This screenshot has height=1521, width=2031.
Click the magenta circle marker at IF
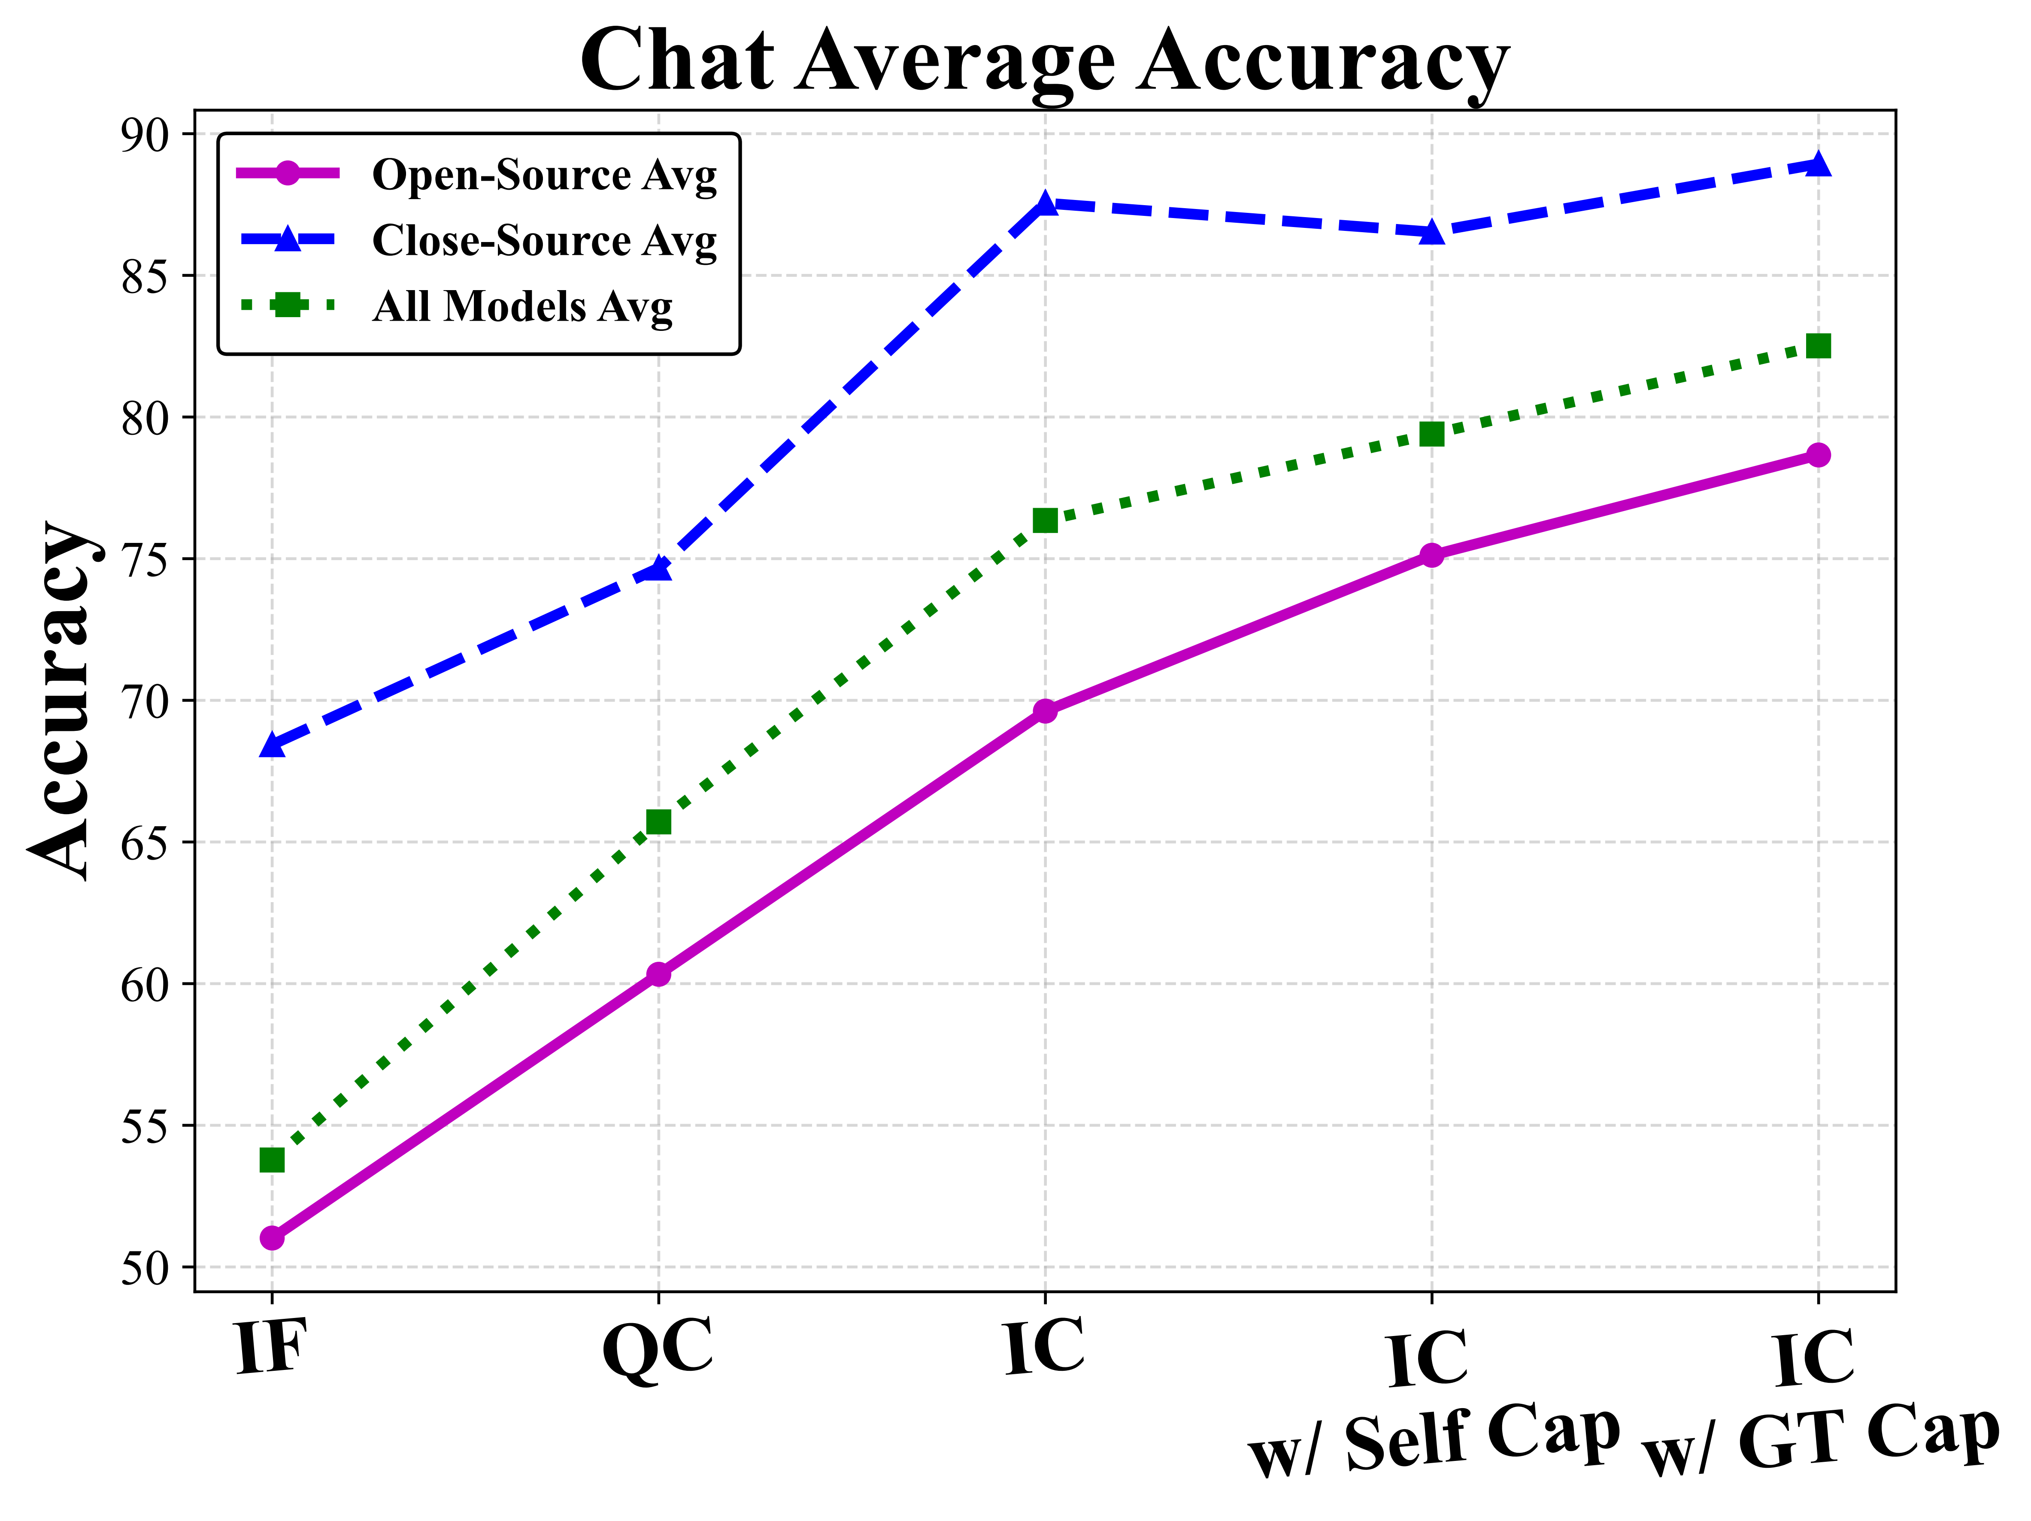click(x=272, y=1238)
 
